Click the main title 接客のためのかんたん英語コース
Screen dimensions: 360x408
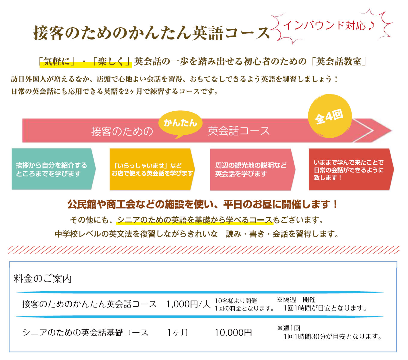[151, 33]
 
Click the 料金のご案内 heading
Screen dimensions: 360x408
[43, 279]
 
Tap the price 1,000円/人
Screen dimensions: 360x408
[188, 304]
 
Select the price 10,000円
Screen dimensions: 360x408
[233, 332]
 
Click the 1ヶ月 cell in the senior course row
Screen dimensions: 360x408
[178, 332]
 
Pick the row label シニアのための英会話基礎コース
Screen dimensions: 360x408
[85, 332]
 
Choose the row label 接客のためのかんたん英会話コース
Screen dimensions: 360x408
[89, 304]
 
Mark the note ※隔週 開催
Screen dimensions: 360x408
[296, 300]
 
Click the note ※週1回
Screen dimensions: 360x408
[289, 328]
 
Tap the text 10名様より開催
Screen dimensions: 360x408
[236, 301]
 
